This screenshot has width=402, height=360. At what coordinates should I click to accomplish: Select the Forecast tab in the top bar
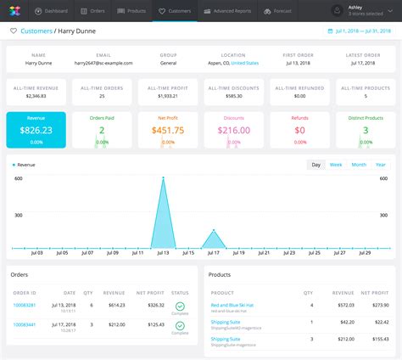point(280,11)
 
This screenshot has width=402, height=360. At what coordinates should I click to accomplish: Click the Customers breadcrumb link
point(36,31)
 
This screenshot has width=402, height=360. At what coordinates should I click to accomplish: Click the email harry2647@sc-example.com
point(103,63)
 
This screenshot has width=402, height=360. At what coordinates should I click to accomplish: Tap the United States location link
point(246,63)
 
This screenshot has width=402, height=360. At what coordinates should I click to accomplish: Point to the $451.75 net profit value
point(168,130)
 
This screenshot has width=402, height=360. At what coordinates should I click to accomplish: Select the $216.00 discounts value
point(234,130)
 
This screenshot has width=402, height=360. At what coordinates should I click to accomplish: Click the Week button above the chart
point(336,165)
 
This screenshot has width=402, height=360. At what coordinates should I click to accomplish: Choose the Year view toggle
point(381,165)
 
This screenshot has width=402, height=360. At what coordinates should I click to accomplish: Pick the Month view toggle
point(359,165)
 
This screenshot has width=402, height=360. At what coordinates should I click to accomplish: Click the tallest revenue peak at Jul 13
point(164,178)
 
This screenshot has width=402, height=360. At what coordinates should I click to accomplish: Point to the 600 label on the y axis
point(17,178)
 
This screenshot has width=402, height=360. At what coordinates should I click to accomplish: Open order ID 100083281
point(25,305)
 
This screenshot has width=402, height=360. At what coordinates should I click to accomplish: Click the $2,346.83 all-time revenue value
point(35,97)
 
